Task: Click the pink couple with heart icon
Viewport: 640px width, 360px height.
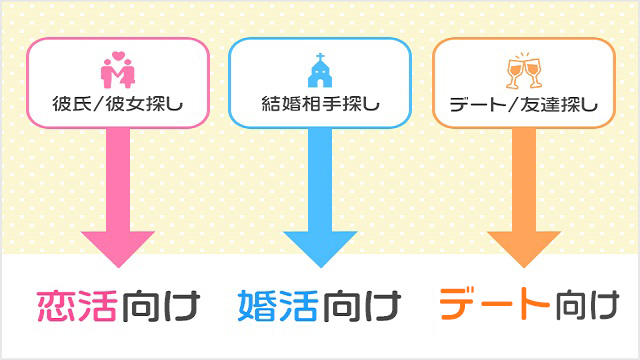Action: coord(119,72)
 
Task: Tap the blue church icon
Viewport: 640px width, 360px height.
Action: coord(319,73)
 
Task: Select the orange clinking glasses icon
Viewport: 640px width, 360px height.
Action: coord(523,70)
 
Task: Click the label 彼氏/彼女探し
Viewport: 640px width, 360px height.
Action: coord(119,102)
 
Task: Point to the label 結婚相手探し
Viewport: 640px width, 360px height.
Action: coord(320,102)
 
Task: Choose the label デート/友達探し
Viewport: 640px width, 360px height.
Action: coord(523,102)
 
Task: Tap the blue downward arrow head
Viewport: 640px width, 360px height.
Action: coord(320,245)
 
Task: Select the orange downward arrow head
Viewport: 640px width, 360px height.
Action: coord(524,245)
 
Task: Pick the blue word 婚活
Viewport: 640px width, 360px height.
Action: coord(277,306)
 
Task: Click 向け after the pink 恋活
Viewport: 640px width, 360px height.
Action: coord(161,306)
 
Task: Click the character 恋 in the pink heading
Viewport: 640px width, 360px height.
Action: coord(57,306)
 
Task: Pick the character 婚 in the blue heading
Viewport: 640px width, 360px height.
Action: coord(257,306)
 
